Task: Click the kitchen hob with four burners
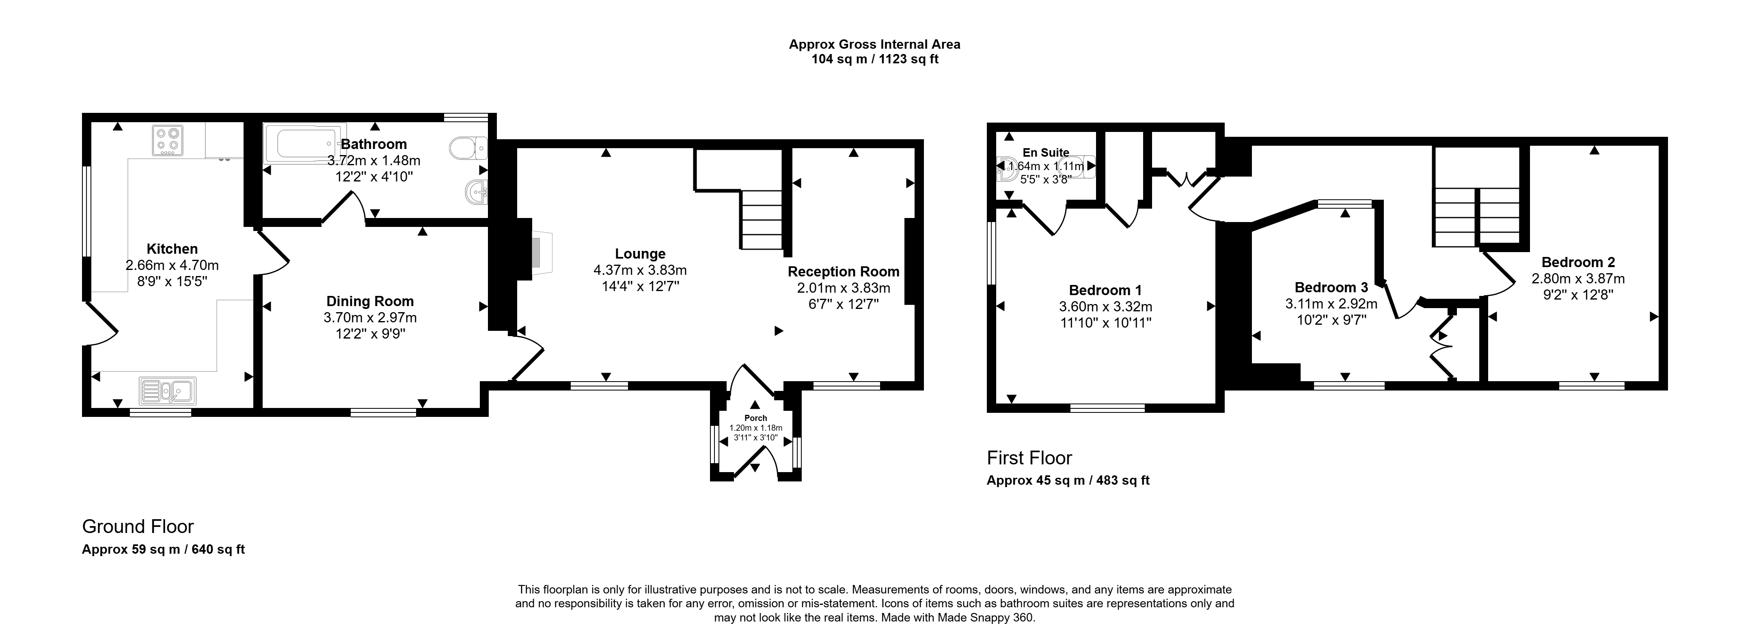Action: pyautogui.click(x=168, y=140)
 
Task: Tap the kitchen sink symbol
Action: pyautogui.click(x=167, y=391)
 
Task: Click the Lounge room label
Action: pyautogui.click(x=640, y=254)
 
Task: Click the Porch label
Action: pyautogui.click(x=755, y=418)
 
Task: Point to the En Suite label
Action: pyautogui.click(x=1046, y=153)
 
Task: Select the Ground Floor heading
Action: pyautogui.click(x=138, y=527)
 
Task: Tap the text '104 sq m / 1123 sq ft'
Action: pyautogui.click(x=875, y=59)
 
